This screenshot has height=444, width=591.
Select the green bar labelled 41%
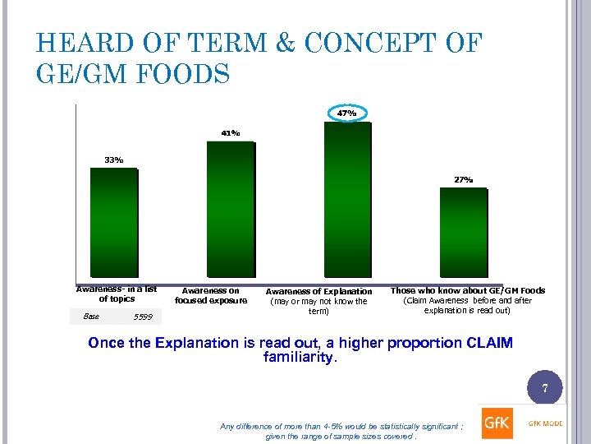(x=231, y=209)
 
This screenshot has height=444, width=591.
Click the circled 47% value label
(x=347, y=113)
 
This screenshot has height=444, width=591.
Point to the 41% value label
(x=230, y=133)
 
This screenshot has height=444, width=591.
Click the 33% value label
(x=113, y=160)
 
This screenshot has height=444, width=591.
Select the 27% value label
(x=464, y=179)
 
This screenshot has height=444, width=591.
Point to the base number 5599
(x=142, y=317)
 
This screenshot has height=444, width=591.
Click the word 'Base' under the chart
(x=91, y=316)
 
